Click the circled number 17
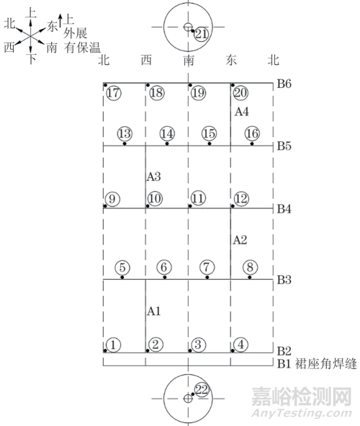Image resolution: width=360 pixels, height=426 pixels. click(113, 93)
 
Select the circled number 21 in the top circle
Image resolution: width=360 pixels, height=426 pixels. click(202, 34)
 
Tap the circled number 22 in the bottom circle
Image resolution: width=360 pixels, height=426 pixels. click(202, 390)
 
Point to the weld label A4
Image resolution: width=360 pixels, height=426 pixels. click(241, 112)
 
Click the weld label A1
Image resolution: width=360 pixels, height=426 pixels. click(154, 311)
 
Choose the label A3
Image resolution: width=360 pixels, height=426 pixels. click(154, 177)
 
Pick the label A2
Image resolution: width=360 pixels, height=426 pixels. click(240, 240)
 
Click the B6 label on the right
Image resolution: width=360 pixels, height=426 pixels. click(284, 84)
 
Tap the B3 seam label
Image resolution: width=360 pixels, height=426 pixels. click(284, 280)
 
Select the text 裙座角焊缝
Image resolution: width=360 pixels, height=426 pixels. click(325, 364)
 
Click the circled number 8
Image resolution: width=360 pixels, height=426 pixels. click(250, 267)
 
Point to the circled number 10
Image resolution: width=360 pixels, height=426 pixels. click(155, 198)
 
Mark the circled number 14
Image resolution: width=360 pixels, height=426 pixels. click(167, 133)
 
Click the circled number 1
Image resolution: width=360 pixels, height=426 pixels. click(113, 345)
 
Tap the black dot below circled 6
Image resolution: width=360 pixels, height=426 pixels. click(165, 277)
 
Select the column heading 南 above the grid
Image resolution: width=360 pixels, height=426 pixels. click(189, 61)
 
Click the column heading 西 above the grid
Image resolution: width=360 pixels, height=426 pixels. click(146, 60)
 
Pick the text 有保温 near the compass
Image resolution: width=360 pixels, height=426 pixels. click(83, 48)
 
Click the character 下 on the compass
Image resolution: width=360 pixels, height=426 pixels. click(32, 58)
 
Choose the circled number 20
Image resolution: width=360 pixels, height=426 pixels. click(240, 93)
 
